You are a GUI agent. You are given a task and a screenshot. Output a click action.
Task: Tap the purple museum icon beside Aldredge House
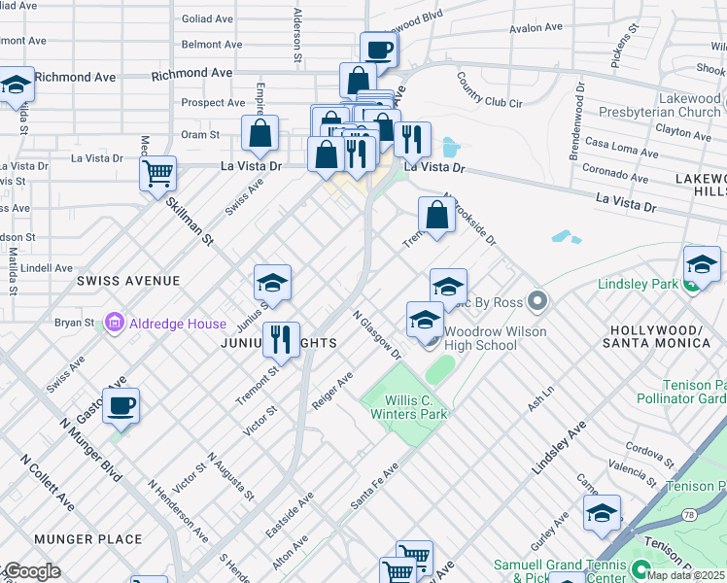point(115,322)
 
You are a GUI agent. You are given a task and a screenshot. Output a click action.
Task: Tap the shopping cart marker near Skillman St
point(157,175)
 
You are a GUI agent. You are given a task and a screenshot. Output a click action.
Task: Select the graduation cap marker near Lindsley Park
point(702,264)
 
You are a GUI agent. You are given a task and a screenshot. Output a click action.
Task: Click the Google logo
point(31,571)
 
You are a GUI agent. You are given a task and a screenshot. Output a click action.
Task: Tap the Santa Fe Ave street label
point(376,483)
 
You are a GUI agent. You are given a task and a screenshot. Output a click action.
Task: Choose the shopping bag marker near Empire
point(260,135)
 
